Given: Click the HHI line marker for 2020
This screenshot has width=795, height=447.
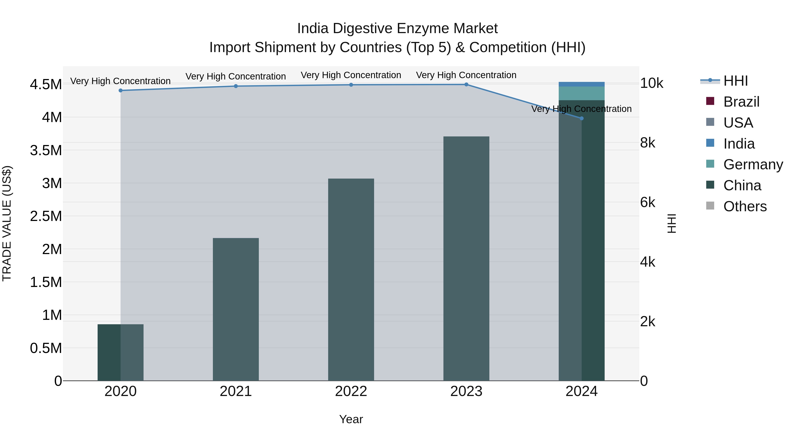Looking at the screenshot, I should [121, 90].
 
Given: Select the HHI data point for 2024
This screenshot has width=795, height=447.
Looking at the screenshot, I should [582, 118].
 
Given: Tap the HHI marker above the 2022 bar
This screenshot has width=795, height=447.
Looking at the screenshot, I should [351, 85].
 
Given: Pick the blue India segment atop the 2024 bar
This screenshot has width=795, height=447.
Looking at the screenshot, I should [582, 84].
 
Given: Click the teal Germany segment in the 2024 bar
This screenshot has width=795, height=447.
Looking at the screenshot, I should [582, 93].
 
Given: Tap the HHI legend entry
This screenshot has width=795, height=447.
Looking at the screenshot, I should [735, 81].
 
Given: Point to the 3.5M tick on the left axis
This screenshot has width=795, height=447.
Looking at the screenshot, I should [46, 151].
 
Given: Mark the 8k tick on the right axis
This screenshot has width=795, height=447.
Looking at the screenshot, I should [647, 143].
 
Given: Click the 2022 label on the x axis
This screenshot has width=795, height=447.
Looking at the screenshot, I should [351, 391].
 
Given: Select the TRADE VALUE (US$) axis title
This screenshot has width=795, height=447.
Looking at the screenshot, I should [7, 223].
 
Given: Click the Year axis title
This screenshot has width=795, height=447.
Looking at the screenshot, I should [351, 419].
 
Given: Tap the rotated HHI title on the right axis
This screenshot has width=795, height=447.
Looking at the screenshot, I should [672, 223].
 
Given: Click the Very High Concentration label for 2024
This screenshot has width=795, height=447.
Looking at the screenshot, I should [581, 109].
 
